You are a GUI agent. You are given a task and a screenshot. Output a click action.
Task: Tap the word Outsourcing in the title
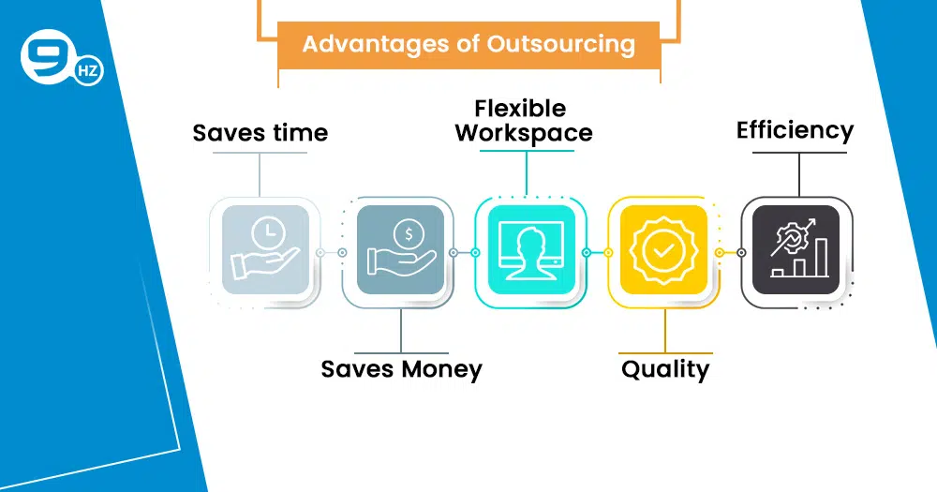pos(560,44)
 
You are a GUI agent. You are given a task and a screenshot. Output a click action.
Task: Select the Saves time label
pos(260,133)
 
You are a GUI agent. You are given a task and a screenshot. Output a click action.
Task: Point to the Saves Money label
pos(402,369)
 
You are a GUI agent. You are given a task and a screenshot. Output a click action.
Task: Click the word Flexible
pos(520,109)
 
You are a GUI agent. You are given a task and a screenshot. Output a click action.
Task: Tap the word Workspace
pos(524,133)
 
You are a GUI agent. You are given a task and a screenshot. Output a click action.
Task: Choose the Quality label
pos(665,369)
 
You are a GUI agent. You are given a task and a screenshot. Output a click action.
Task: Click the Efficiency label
pos(795,131)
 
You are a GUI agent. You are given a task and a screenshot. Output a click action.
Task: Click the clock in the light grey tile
pos(268,232)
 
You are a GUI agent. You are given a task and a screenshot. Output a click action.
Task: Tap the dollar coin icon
pos(409,233)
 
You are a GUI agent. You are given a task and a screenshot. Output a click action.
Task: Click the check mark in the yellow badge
pos(663,250)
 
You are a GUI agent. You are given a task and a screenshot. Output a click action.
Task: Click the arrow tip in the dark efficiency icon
pos(812,221)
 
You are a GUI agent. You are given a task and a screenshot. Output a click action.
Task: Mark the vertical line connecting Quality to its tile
pos(665,331)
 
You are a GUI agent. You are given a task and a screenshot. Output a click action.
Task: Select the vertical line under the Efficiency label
pos(799,174)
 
